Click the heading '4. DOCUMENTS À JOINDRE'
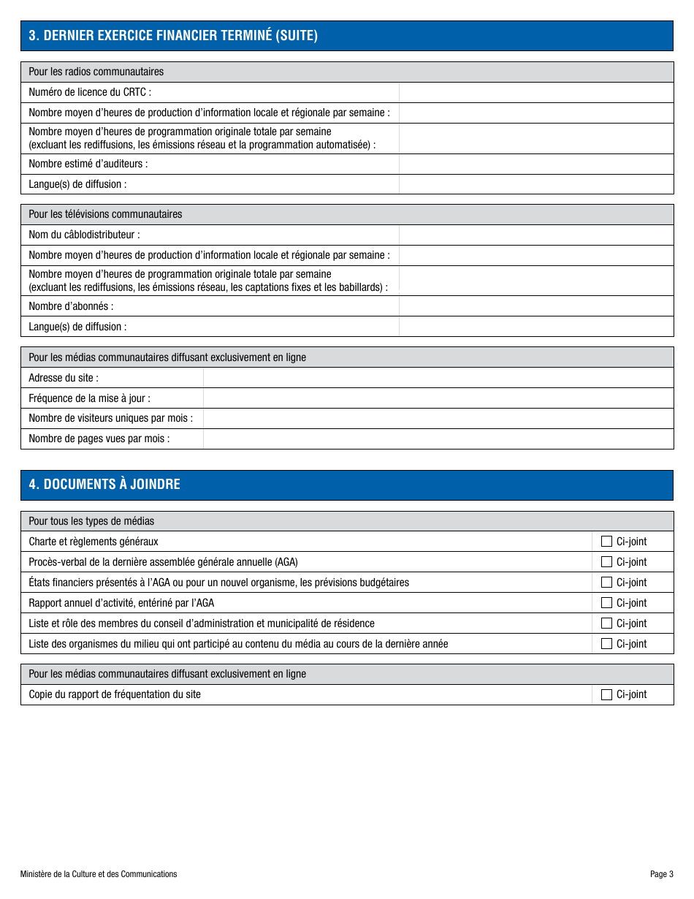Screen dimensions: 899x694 pyautogui.click(x=104, y=485)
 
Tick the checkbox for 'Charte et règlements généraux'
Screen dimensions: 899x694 pyautogui.click(x=606, y=542)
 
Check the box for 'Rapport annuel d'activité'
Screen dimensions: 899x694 pyautogui.click(x=606, y=603)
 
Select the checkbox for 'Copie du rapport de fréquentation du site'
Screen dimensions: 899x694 pyautogui.click(x=606, y=695)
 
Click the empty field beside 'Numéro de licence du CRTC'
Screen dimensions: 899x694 pyautogui.click(x=535, y=93)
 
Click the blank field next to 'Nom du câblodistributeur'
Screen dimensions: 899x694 pyautogui.click(x=535, y=235)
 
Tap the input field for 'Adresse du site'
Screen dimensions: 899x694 pyautogui.click(x=438, y=378)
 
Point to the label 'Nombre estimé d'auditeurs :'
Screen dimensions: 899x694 pyautogui.click(x=88, y=164)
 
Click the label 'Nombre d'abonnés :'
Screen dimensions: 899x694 pyautogui.click(x=71, y=306)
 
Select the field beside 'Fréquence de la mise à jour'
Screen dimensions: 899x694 pyautogui.click(x=438, y=398)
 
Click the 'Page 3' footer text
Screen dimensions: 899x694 pyautogui.click(x=661, y=874)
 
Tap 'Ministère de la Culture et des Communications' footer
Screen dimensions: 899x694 pyautogui.click(x=99, y=874)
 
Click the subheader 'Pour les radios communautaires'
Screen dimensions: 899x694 pyautogui.click(x=96, y=72)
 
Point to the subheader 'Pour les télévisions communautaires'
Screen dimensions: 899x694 pyautogui.click(x=105, y=214)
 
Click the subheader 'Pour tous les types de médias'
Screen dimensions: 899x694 pyautogui.click(x=91, y=521)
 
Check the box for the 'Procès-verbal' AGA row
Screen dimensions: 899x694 pyautogui.click(x=606, y=562)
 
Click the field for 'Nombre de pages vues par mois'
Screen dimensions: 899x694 pyautogui.click(x=438, y=439)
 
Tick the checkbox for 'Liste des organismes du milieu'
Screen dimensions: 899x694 pyautogui.click(x=606, y=644)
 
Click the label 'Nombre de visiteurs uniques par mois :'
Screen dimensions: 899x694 pyautogui.click(x=110, y=418)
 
